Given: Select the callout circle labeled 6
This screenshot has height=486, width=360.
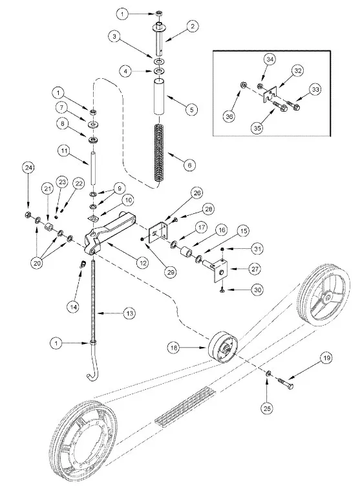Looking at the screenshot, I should pyautogui.click(x=189, y=165).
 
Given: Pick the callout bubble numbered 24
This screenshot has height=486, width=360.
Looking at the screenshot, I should pyautogui.click(x=28, y=168).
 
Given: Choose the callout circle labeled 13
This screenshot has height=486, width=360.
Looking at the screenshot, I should pyautogui.click(x=129, y=313).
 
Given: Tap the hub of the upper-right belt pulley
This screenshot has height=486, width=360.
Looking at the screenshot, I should pyautogui.click(x=331, y=296).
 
